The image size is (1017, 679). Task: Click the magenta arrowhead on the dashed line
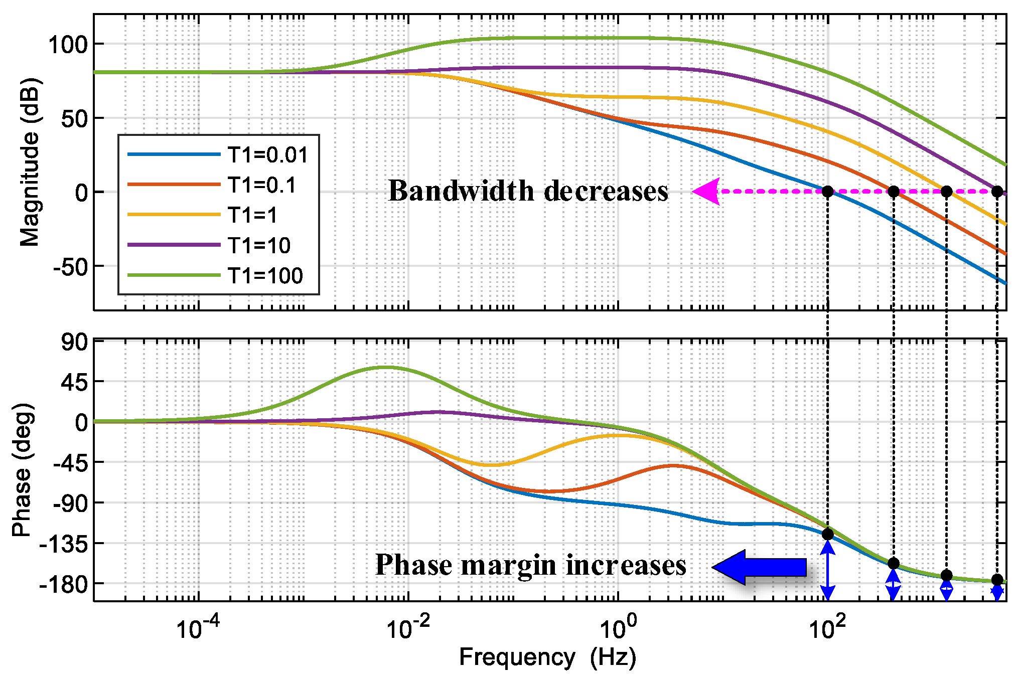pyautogui.click(x=706, y=191)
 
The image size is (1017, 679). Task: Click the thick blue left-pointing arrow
pyautogui.click(x=759, y=567)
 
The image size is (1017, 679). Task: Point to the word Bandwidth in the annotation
pyautogui.click(x=461, y=191)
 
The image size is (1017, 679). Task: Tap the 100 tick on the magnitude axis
pyautogui.click(x=68, y=45)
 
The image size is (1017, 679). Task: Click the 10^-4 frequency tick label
pyautogui.click(x=198, y=626)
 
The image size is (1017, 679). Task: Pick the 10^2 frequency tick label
pyautogui.click(x=826, y=626)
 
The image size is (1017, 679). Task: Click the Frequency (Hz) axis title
pyautogui.click(x=547, y=657)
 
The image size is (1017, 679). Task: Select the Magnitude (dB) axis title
pyautogui.click(x=30, y=161)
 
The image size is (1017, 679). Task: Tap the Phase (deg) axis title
pyautogui.click(x=23, y=470)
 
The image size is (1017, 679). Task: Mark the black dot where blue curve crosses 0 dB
pyautogui.click(x=827, y=191)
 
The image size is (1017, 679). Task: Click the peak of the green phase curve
pyautogui.click(x=384, y=367)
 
